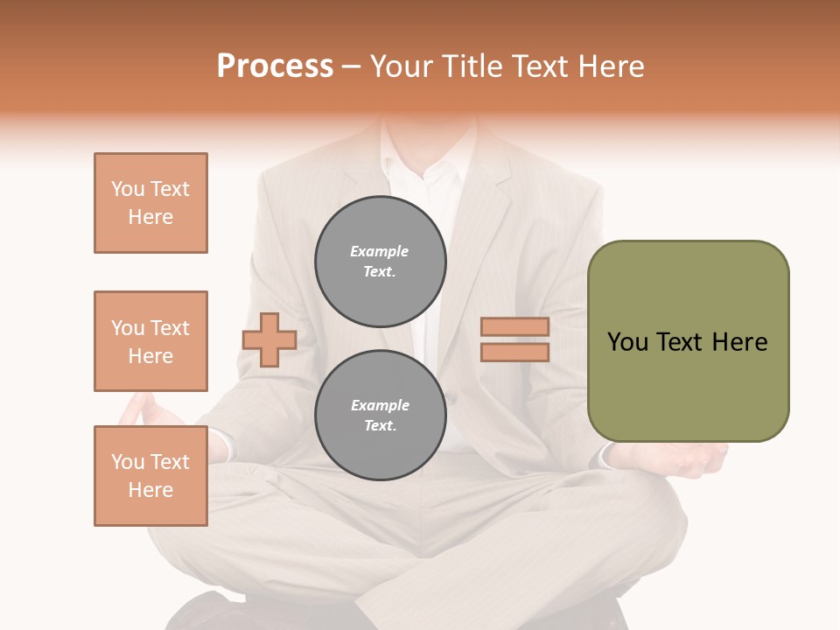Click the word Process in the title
(275, 66)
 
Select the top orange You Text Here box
(150, 203)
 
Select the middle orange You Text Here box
(150, 341)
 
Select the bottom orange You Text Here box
(150, 476)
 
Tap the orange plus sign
(269, 339)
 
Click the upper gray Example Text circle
(381, 262)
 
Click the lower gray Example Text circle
(381, 416)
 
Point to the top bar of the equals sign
(514, 326)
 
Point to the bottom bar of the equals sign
(514, 352)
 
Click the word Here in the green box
(739, 342)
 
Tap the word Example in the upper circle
(380, 251)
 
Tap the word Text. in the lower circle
(380, 426)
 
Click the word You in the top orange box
(127, 189)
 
